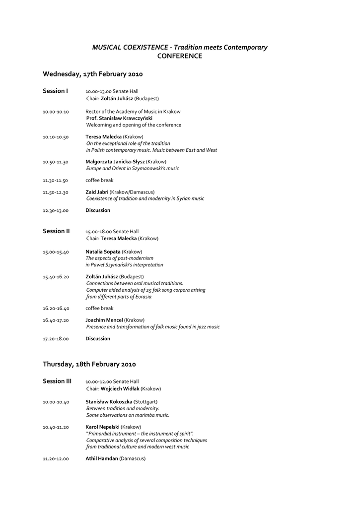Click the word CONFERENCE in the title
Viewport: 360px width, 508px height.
[180, 56]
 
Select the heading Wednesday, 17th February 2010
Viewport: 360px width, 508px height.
[93, 74]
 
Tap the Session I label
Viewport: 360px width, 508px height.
[55, 91]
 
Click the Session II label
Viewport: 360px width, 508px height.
[56, 231]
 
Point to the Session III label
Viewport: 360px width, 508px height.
[57, 381]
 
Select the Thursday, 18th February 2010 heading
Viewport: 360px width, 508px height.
[89, 364]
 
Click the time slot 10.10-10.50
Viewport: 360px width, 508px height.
[56, 137]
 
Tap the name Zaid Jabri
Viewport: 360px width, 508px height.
[97, 192]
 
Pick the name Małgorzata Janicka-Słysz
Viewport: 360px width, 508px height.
[115, 162]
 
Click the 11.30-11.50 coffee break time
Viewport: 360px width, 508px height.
[56, 181]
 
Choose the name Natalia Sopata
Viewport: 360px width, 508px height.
[103, 252]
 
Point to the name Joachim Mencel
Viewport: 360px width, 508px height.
[104, 320]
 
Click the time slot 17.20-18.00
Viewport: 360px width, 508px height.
[56, 339]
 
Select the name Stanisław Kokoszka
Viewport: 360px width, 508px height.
[109, 401]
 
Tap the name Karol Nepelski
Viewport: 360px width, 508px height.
[102, 427]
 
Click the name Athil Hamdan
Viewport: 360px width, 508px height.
[102, 459]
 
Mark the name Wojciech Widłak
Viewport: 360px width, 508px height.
[120, 389]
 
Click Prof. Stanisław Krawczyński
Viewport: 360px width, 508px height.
[119, 119]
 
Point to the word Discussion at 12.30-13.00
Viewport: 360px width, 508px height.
[98, 210]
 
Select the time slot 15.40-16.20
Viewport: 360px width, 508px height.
[56, 277]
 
